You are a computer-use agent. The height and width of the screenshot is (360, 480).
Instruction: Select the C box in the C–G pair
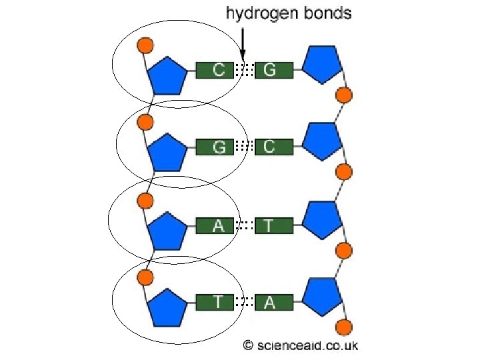tap(215, 69)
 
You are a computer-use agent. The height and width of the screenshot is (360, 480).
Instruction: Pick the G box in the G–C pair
tap(215, 147)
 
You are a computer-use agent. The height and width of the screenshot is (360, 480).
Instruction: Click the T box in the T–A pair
tap(215, 303)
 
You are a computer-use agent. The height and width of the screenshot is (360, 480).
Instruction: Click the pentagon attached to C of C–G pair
tap(166, 76)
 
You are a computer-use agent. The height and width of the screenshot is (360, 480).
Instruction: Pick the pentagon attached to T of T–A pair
tap(166, 309)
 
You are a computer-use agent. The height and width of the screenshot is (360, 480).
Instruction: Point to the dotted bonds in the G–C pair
tap(245, 147)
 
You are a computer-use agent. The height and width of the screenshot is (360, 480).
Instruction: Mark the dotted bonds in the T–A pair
tap(245, 303)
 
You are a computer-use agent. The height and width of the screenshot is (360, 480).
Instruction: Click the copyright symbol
tap(247, 345)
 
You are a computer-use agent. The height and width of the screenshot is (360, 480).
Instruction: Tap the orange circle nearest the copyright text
tap(343, 327)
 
